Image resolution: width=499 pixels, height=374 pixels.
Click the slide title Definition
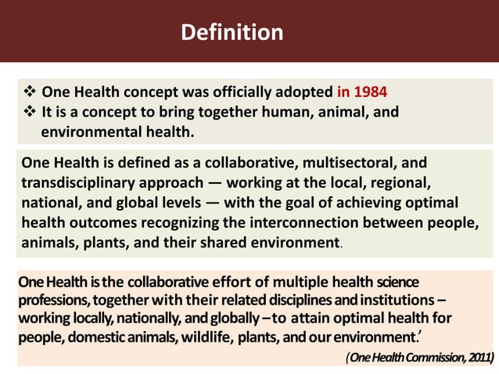pyautogui.click(x=232, y=33)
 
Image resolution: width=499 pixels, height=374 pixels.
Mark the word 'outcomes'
pyautogui.click(x=99, y=222)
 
